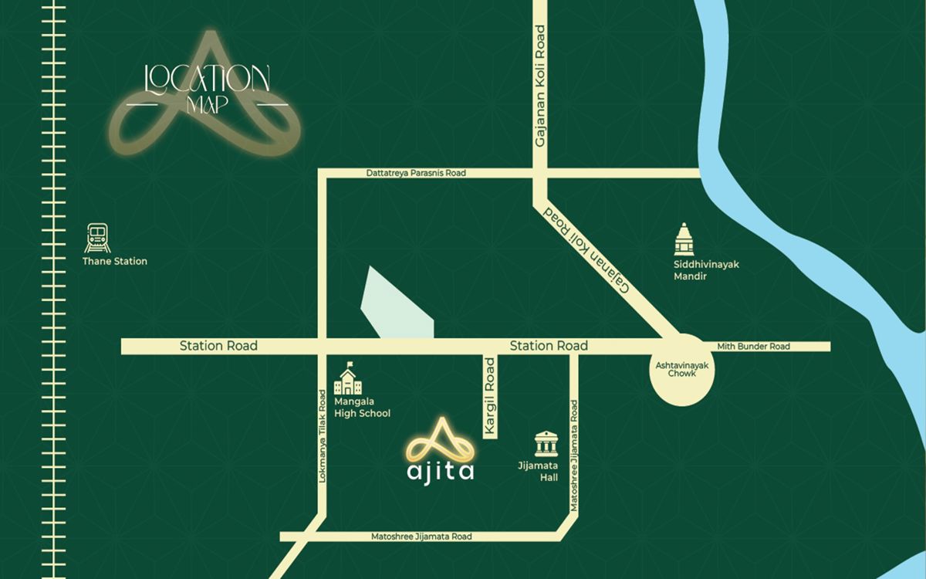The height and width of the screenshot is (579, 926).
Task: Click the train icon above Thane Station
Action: coord(97,238)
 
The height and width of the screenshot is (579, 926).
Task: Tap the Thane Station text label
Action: coord(115,262)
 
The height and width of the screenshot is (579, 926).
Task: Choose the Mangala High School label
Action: coord(362,408)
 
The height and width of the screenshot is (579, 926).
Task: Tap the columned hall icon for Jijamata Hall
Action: coord(546,444)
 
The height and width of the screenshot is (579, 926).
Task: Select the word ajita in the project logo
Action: coord(440,470)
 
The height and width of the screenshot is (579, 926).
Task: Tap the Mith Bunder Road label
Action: coord(753,347)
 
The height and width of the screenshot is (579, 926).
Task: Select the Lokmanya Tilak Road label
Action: coord(323,435)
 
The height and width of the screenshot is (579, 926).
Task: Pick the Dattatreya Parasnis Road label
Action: coord(416,174)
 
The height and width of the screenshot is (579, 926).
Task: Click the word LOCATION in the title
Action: coord(208,78)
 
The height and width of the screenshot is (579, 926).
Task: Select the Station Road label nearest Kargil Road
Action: coord(549,346)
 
